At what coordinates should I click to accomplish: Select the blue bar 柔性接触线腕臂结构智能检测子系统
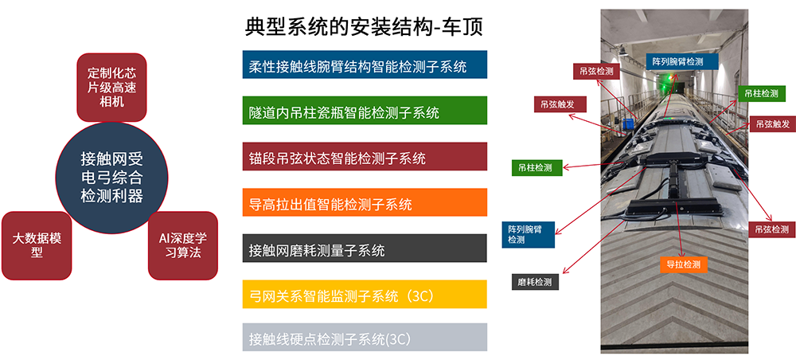364,65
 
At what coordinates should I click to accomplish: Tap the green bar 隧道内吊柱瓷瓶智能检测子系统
364,112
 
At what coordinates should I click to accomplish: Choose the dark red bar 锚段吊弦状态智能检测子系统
364,157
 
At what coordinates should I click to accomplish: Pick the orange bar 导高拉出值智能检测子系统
364,203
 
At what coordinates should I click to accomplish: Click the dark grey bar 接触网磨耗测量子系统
364,249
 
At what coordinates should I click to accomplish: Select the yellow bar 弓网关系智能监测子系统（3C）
364,295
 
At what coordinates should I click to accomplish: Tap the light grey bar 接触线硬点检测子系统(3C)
364,338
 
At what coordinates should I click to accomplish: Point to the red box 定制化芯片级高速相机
112,87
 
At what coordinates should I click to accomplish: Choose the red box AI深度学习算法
182,245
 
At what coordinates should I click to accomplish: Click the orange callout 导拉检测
683,264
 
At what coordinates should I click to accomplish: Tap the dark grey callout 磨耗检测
534,282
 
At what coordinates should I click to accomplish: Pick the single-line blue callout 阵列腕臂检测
677,61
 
